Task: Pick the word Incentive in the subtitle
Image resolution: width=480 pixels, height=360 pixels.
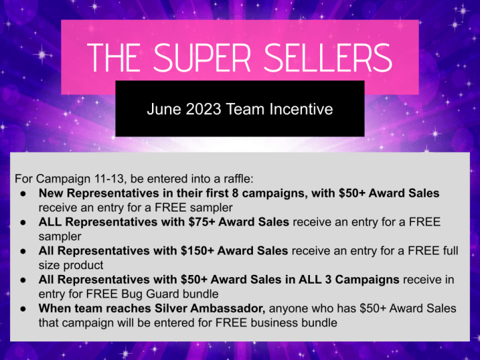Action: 297,109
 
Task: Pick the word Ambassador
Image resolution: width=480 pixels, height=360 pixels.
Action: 222,309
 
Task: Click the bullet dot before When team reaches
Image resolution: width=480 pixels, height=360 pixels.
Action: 23,309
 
